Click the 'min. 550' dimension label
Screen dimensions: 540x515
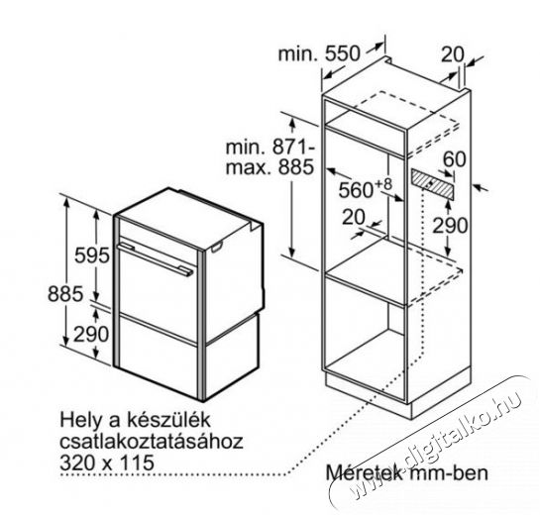tap(319, 53)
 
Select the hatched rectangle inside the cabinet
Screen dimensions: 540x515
tap(433, 184)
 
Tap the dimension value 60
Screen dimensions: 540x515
tap(454, 158)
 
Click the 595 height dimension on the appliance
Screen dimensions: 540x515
tap(92, 256)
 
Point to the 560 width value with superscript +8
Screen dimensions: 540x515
tap(365, 188)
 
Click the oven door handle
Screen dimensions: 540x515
tap(156, 258)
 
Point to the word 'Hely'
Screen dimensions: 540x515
tap(78, 421)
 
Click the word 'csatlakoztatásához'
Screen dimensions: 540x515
tap(152, 442)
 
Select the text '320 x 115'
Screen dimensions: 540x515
tap(107, 463)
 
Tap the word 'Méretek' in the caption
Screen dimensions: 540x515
tap(364, 472)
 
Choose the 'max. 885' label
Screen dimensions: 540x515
tap(270, 167)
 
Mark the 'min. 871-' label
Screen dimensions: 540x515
tap(270, 147)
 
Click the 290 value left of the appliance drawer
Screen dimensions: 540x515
tap(91, 334)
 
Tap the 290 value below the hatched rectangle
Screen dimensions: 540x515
tap(450, 226)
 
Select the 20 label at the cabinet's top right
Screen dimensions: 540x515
tap(453, 54)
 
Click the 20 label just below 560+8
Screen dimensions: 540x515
tap(354, 217)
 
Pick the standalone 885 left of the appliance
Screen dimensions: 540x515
tap(65, 294)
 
